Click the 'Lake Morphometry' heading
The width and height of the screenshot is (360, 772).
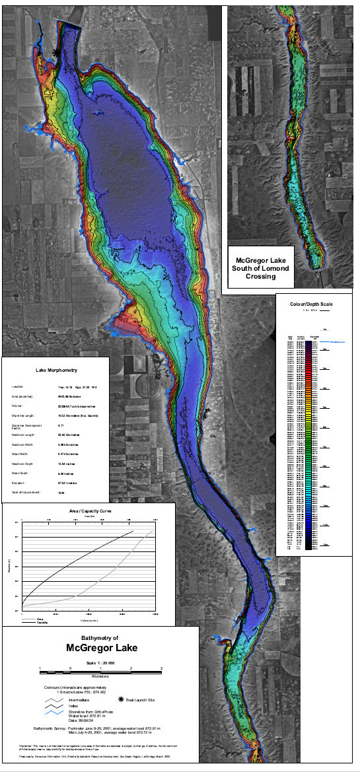point(55,370)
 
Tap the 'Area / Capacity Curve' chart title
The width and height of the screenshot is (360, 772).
point(89,511)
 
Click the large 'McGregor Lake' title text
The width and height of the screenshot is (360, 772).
point(101,648)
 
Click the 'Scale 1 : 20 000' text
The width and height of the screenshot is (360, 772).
point(101,662)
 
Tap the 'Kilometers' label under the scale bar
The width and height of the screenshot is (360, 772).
point(101,677)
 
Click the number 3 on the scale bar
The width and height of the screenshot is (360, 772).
point(162,670)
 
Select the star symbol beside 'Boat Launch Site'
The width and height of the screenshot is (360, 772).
point(121,699)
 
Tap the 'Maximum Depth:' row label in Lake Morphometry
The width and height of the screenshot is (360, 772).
point(22,464)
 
